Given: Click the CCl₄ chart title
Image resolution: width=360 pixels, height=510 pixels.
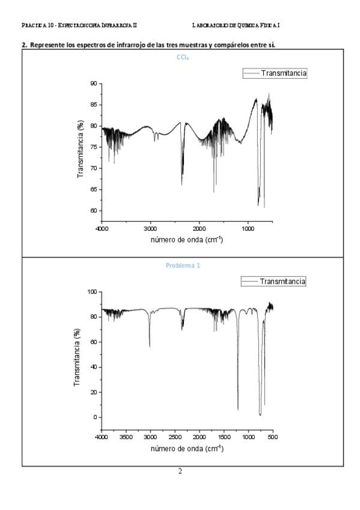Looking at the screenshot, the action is coord(183,57).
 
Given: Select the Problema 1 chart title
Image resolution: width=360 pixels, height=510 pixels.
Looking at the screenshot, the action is coord(183,265).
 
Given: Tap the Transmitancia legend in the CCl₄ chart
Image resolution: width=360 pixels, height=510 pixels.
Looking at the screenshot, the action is coord(275,73).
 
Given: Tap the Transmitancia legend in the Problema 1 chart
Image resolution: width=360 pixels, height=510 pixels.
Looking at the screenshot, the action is coord(273,281).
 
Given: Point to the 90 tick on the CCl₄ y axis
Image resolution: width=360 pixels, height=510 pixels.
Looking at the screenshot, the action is coord(94,84).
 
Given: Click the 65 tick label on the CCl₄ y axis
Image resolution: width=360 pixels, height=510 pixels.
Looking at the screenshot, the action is coord(94,189).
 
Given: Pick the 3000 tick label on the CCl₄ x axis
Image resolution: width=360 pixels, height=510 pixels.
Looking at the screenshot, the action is coord(150,229).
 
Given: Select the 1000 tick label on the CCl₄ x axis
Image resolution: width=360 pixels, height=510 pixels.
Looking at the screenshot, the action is coord(248,229).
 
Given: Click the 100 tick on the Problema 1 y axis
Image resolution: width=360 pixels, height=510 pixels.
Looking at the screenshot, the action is coord(93,292).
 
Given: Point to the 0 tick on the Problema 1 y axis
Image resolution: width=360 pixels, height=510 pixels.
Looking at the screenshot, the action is coord(95,417).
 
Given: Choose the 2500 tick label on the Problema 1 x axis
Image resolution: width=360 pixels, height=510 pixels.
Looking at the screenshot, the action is coord(175,437).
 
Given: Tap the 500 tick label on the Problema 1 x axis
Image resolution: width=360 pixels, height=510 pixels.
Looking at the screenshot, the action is coord(273,437).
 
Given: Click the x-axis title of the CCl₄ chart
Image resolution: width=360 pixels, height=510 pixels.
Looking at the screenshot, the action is coord(187,240).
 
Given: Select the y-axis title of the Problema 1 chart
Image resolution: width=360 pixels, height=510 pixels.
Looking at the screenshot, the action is coord(77,358).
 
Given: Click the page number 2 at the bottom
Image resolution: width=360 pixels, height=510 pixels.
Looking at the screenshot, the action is coord(180,472).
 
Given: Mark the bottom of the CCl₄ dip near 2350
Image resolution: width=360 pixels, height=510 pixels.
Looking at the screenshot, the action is coord(182,185).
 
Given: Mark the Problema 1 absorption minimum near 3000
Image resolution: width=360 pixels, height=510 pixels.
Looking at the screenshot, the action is coord(150,347).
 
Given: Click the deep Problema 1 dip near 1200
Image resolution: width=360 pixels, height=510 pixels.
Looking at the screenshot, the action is coord(238,410).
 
